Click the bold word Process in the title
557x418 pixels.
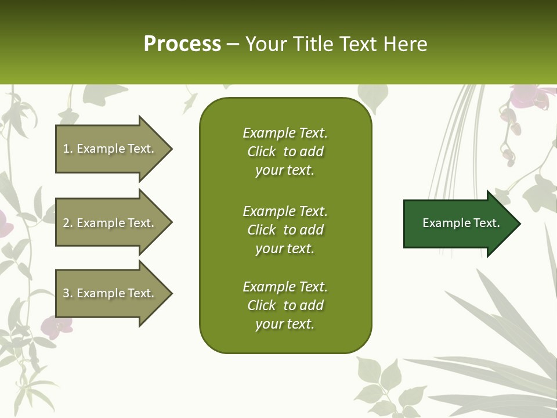point(182,44)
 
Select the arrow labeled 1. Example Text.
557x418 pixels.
point(110,149)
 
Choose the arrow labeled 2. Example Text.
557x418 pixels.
point(110,223)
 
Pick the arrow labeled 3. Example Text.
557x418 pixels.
point(110,293)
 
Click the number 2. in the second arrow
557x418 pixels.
point(68,223)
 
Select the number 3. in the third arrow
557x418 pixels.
point(68,293)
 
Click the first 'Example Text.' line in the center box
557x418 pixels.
point(285,133)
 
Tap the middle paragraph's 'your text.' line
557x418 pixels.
point(285,248)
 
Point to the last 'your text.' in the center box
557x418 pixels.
point(285,324)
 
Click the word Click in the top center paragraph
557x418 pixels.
point(261,152)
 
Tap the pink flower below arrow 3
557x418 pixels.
point(55,328)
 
